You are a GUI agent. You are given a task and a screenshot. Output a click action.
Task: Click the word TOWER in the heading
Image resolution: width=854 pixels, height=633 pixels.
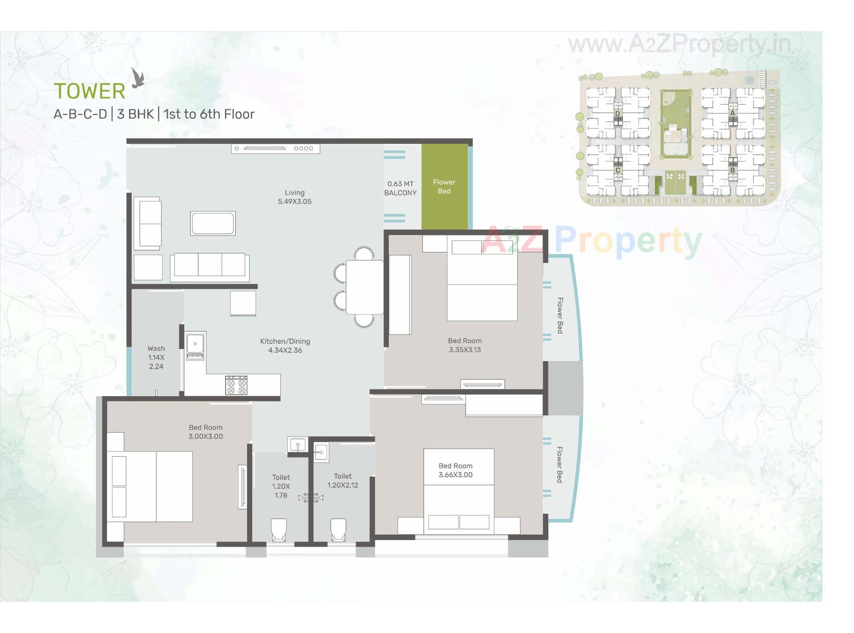[x=89, y=91]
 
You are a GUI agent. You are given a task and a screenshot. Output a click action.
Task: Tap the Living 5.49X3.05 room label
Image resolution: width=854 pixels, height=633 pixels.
[x=294, y=197]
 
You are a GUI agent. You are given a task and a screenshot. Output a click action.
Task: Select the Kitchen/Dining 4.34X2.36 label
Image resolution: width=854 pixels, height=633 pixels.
[x=285, y=345]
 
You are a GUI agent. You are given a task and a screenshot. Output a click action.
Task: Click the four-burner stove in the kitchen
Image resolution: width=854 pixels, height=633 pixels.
[x=236, y=385]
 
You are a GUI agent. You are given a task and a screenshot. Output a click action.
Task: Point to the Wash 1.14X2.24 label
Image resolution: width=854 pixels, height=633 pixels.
[x=156, y=357]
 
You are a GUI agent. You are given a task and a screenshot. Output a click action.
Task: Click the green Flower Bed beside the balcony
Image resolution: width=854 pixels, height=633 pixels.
[x=444, y=187]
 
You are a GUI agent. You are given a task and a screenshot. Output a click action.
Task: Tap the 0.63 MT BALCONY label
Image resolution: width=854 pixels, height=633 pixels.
[x=400, y=188]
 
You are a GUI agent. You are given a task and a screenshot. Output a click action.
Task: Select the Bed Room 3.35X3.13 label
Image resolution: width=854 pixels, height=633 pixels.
[x=465, y=345]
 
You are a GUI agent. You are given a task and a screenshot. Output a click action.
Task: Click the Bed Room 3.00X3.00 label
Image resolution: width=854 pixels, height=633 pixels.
[x=205, y=432]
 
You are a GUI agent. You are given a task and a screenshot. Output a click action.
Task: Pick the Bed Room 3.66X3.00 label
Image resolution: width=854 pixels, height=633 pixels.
[x=455, y=470]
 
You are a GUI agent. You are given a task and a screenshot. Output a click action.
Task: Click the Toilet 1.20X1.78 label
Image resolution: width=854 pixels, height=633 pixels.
[x=281, y=486]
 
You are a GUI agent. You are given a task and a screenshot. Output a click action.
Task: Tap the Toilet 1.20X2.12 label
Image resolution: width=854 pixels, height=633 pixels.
[x=342, y=481]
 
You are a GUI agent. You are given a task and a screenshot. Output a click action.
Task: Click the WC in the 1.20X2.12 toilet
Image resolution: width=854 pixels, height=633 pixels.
[x=338, y=529]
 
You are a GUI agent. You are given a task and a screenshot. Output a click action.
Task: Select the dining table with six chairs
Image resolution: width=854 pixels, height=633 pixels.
[x=364, y=287]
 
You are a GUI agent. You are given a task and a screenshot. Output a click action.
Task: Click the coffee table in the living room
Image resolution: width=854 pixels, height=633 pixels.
[x=213, y=223]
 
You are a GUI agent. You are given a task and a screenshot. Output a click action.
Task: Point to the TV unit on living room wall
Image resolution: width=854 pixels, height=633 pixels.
[x=275, y=148]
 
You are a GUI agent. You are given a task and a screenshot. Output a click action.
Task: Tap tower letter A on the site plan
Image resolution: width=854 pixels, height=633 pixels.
[x=733, y=113]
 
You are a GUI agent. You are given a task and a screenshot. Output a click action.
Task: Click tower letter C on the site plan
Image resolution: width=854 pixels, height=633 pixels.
[x=617, y=170]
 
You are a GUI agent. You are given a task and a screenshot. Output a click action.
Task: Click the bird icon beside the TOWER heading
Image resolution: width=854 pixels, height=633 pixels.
[x=138, y=78]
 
